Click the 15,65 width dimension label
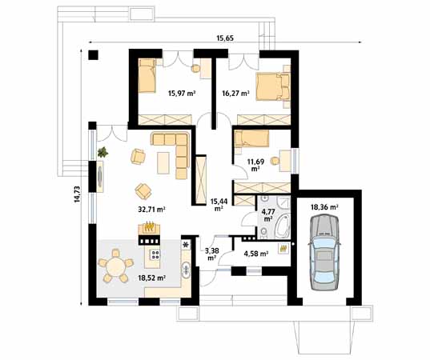[x=225, y=38]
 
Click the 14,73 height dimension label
[x=78, y=194]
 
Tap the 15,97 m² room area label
[x=182, y=94]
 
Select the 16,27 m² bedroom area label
[x=235, y=94]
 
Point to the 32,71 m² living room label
[x=151, y=210]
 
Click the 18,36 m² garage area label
[x=324, y=207]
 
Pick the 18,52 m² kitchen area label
[x=151, y=278]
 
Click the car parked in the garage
[x=324, y=252]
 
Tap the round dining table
[x=116, y=267]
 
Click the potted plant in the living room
[x=102, y=152]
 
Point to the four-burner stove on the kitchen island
[x=155, y=254]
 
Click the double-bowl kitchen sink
[x=187, y=270]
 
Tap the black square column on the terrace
[x=93, y=55]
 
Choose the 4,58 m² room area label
[x=256, y=254]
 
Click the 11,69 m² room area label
[x=255, y=165]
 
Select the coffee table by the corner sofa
[x=163, y=163]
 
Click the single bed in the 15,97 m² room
[x=147, y=76]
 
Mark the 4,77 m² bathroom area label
[x=267, y=215]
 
